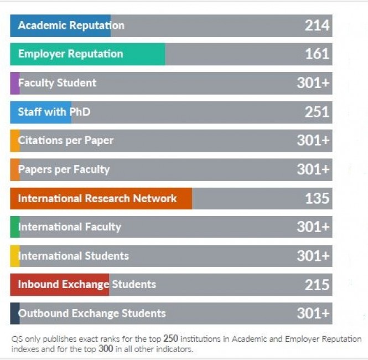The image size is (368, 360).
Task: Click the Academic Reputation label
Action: tap(71, 25)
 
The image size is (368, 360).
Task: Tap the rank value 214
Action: tap(317, 25)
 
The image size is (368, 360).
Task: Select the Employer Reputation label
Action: tap(70, 54)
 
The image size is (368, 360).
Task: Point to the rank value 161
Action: tap(317, 54)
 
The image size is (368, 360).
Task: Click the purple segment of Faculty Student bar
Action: tap(14, 83)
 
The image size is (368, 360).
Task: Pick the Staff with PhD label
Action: tap(54, 112)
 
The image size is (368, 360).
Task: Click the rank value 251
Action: tap(317, 112)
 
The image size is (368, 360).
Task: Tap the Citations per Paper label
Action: tap(65, 141)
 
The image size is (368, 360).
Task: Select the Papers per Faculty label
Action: tap(64, 169)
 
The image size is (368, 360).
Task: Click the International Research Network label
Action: tap(97, 198)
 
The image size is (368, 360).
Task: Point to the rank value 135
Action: tap(317, 198)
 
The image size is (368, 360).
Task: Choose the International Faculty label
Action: tap(69, 227)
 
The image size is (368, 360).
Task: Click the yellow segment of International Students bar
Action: tap(14, 256)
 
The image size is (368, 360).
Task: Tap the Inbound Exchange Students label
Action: tap(87, 285)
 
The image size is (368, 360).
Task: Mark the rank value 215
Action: tap(317, 285)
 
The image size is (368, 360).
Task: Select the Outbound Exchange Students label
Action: tap(92, 313)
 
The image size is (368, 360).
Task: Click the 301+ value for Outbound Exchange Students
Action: tap(313, 313)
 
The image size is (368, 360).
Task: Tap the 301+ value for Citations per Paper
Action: tap(313, 141)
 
